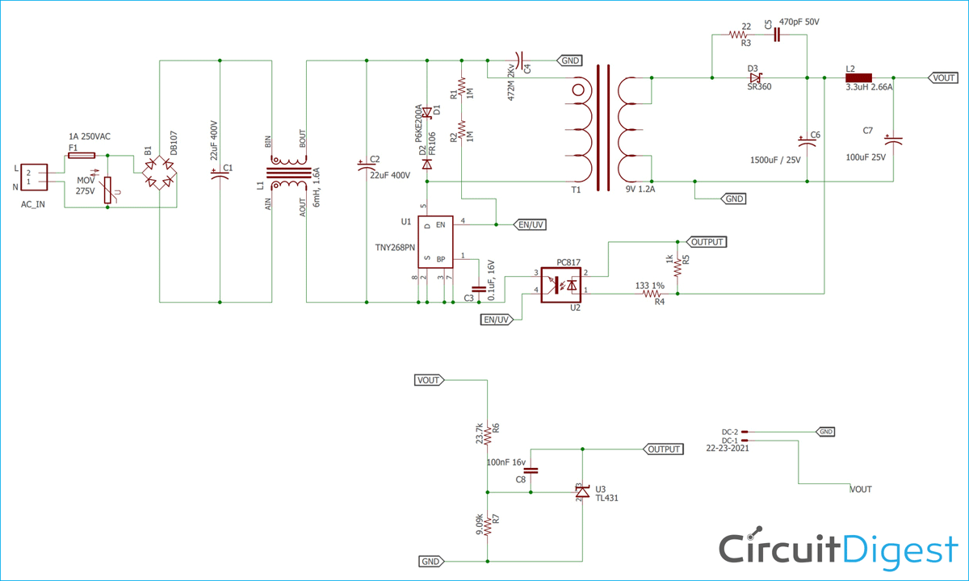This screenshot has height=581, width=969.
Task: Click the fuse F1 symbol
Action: (82, 155)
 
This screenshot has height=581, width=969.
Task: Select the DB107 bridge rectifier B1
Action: (159, 173)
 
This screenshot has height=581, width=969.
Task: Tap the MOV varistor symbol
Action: (107, 190)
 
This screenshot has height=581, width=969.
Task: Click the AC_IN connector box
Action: (34, 177)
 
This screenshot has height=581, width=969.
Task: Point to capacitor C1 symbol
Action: (220, 173)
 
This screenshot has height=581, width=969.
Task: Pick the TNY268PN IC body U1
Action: (435, 242)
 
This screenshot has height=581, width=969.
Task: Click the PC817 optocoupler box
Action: (561, 285)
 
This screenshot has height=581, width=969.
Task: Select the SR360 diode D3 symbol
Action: (756, 77)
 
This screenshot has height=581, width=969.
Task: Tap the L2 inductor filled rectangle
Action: (858, 77)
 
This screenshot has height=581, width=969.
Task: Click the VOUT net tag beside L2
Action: (943, 77)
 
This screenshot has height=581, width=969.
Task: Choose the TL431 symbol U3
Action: (582, 492)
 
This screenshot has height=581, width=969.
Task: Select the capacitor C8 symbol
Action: (531, 470)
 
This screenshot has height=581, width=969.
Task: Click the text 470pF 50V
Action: (799, 22)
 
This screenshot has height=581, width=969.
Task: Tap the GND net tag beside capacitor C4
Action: (569, 61)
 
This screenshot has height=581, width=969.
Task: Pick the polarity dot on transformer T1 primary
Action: (578, 90)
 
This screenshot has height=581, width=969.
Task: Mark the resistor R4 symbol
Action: (652, 294)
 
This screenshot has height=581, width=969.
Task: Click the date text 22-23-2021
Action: (728, 449)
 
